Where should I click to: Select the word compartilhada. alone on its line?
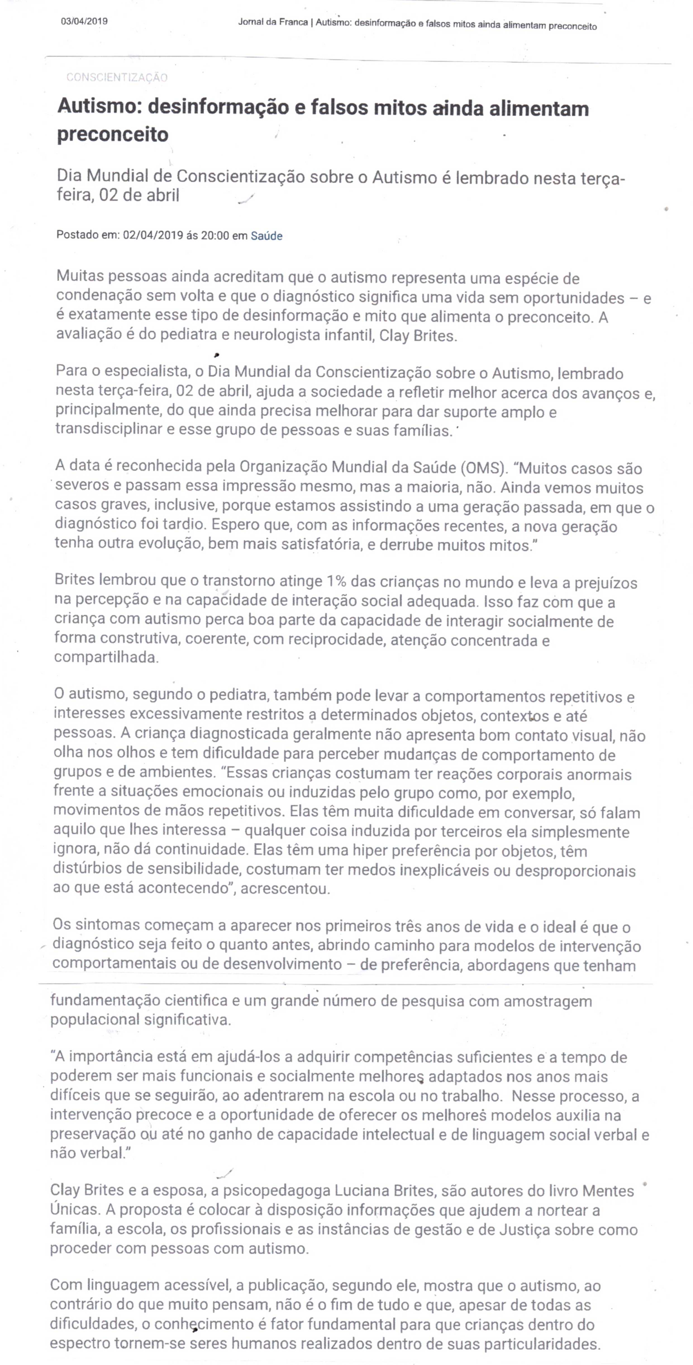pyautogui.click(x=106, y=657)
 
